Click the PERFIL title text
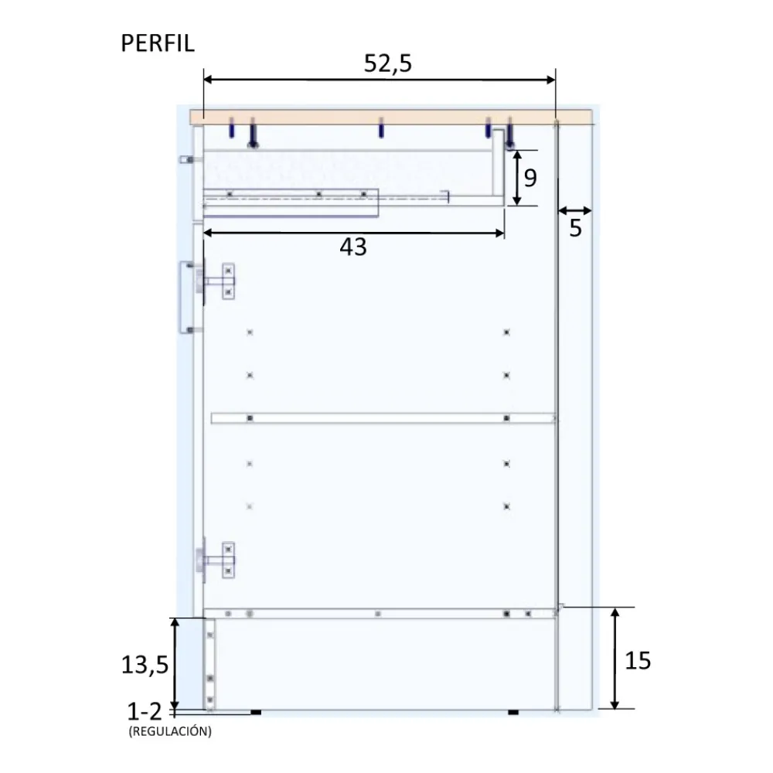pos(158,43)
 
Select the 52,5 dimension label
pos(387,63)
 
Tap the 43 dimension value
pos(353,247)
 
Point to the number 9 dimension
pos(530,178)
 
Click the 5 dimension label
pos(575,228)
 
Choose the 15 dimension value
pos(638,661)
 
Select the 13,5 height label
pos(145,665)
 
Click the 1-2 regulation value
pos(144,711)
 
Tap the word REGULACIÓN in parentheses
pos(170,731)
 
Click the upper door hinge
pos(216,281)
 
